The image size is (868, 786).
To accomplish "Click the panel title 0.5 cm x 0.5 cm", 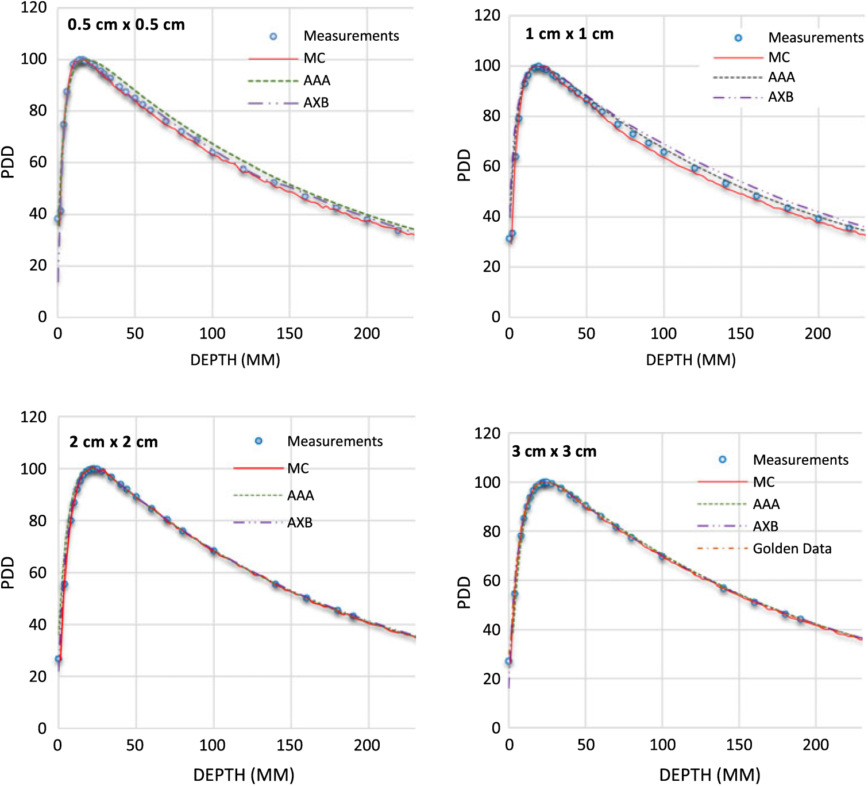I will pos(126,25).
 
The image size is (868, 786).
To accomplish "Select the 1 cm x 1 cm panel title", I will pos(569,34).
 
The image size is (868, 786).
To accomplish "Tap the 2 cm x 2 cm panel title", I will pos(114,442).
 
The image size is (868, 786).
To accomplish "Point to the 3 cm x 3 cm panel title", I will pos(554,452).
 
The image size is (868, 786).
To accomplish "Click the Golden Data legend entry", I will pos(792,549).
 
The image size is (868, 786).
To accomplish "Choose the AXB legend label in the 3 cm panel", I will pos(765,526).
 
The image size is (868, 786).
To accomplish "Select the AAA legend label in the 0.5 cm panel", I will pos(317,80).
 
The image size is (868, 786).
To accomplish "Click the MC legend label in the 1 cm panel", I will pos(779,57).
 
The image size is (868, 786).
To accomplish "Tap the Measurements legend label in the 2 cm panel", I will pos(335,441).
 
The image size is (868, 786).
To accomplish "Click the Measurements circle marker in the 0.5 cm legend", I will pos(273,36).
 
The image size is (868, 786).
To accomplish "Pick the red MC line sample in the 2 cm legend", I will pos(258,468).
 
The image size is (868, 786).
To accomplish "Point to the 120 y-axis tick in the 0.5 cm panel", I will pos(33,8).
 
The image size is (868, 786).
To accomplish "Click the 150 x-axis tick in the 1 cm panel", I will pos(740,333).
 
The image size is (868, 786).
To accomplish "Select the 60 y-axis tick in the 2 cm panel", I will pos(38,572).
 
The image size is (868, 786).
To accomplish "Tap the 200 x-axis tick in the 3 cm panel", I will pos(815,745).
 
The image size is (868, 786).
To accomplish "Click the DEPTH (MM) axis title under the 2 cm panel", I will pos(244,775).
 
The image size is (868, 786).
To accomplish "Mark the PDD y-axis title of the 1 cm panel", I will pos(464,165).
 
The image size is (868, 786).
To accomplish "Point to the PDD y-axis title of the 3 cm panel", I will pos(464,592).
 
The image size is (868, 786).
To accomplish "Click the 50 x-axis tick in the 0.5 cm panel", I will pos(135,333).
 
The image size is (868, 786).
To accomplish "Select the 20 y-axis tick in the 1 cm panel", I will pos(491,267).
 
